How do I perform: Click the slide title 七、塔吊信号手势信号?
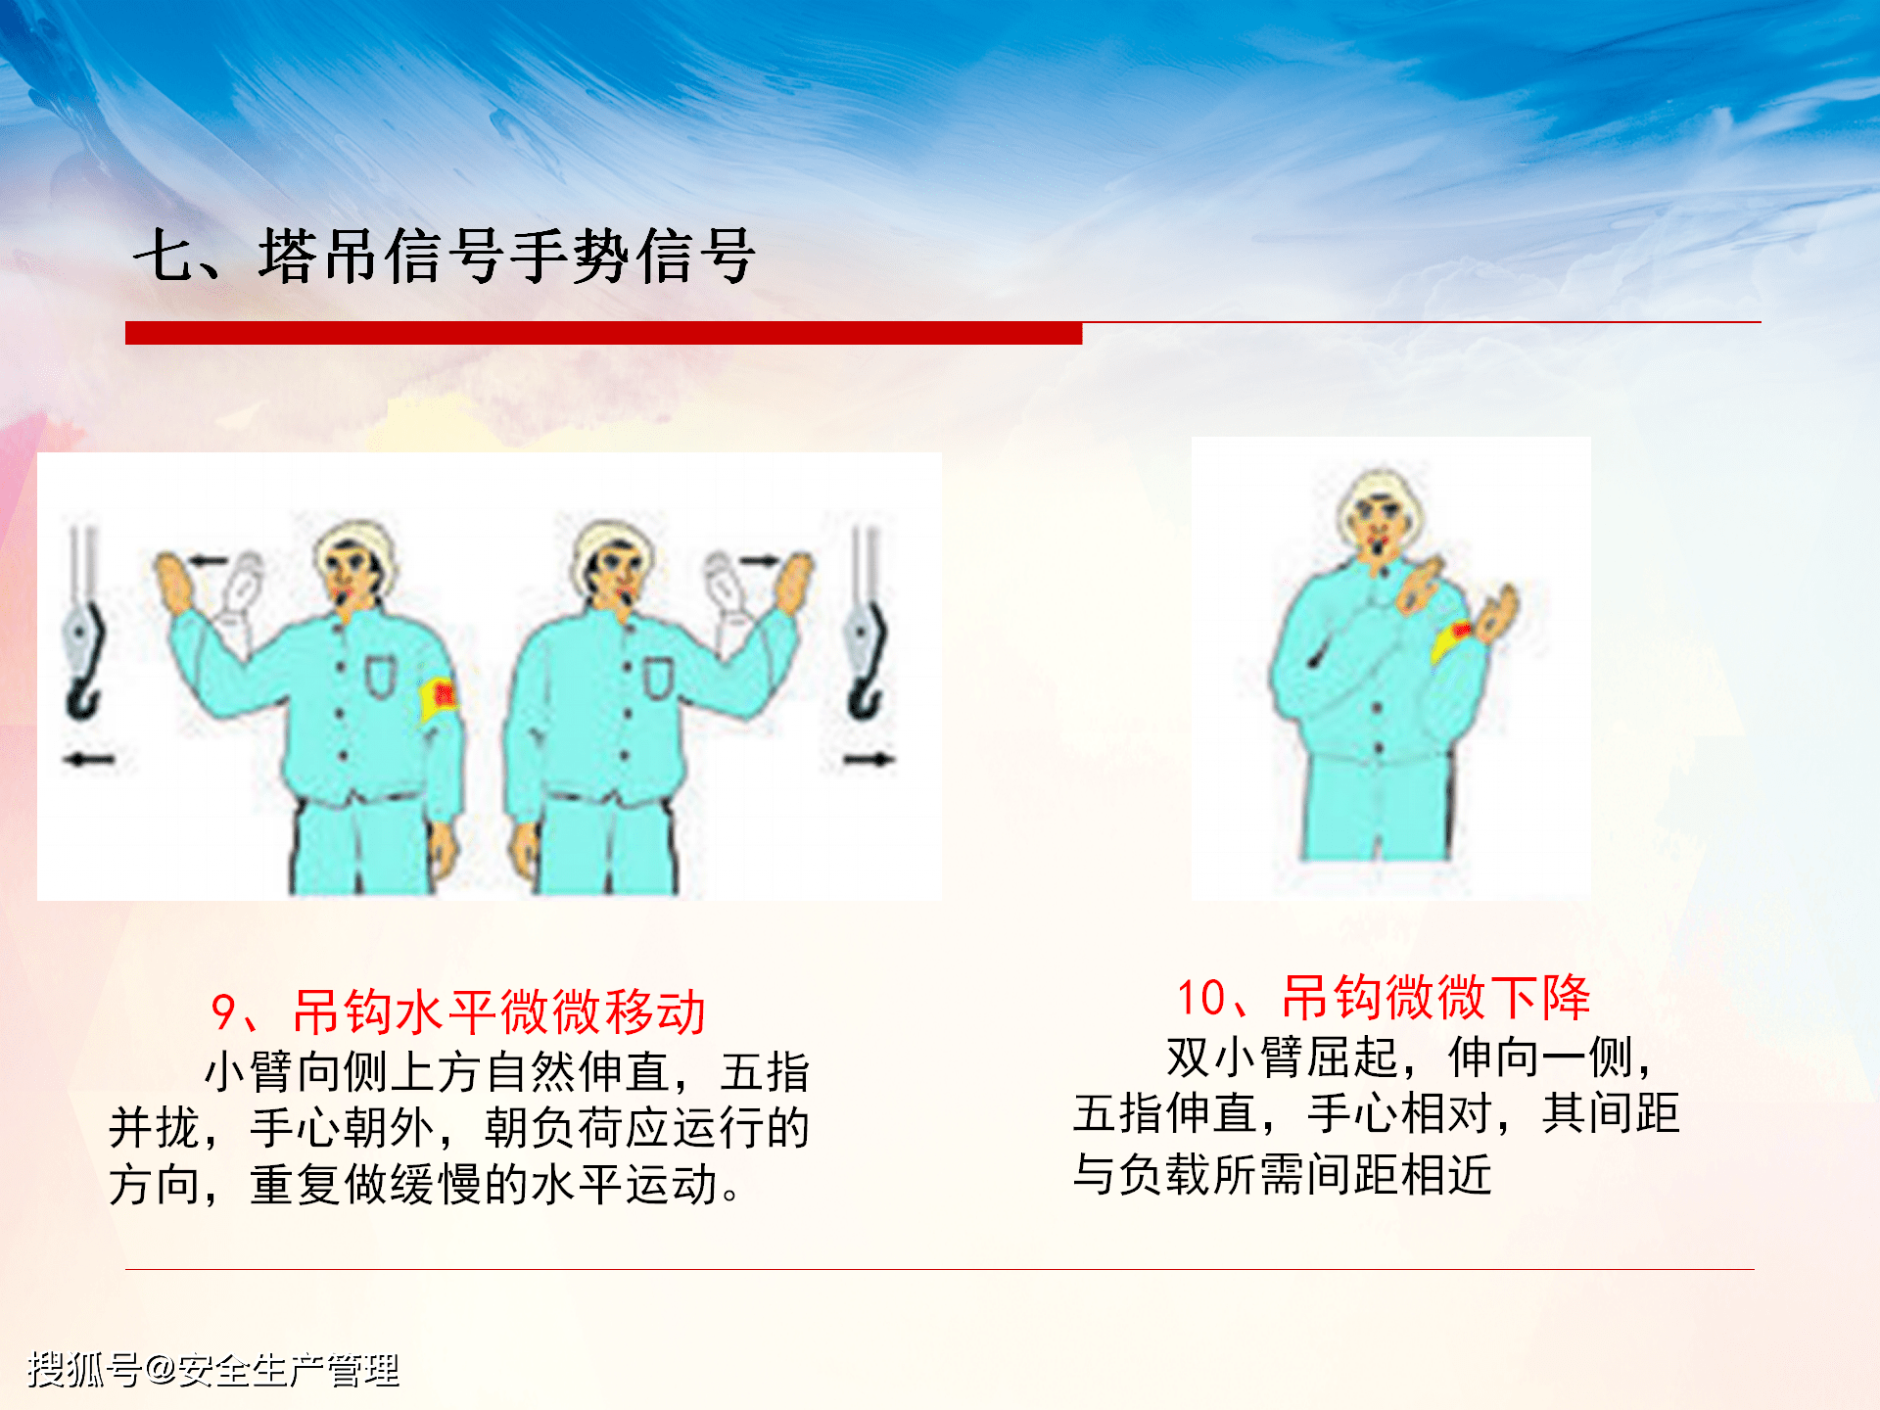[x=444, y=257]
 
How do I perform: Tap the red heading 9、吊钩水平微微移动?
[x=458, y=1011]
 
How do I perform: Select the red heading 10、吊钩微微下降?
[x=1383, y=998]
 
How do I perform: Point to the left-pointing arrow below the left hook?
[x=89, y=759]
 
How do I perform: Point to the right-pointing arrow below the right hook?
[x=869, y=759]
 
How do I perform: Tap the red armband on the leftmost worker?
[x=440, y=697]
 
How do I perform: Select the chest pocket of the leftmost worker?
[x=380, y=676]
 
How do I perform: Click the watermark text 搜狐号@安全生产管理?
[x=213, y=1369]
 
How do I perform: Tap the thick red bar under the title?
[x=603, y=333]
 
